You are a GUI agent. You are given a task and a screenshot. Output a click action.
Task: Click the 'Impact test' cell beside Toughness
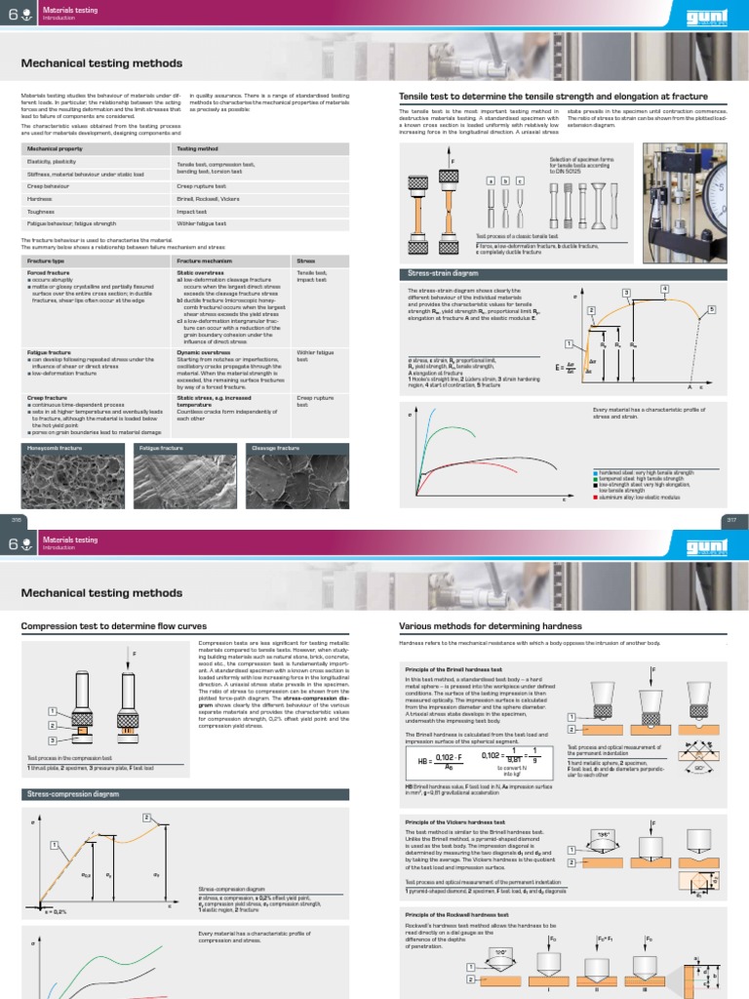click(191, 211)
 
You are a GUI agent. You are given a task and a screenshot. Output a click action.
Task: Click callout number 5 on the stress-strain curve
click(711, 309)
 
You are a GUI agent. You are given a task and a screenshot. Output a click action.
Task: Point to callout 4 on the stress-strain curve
click(664, 289)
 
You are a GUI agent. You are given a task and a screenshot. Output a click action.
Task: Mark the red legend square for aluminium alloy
click(595, 498)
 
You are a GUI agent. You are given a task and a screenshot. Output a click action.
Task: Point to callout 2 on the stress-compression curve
click(147, 817)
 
